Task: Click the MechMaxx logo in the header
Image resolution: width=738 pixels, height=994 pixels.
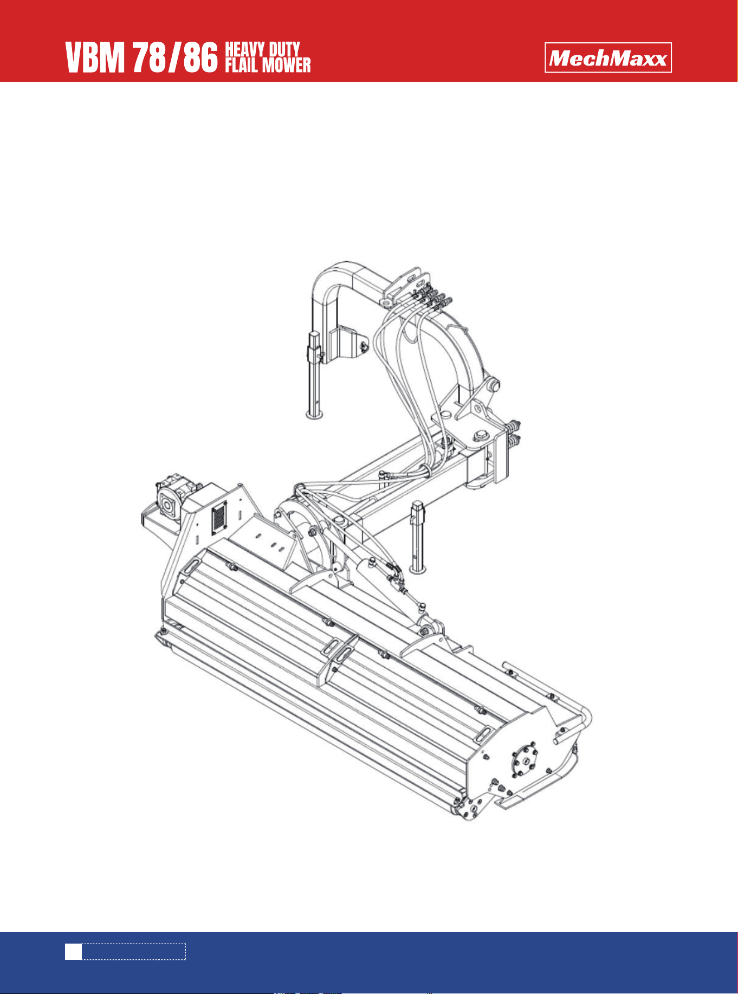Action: coord(608,57)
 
